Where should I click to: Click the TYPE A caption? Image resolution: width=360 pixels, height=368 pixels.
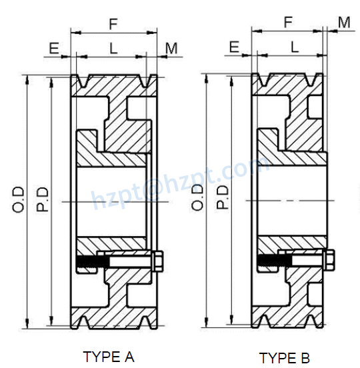click(109, 356)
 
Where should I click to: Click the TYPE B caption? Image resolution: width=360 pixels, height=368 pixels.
click(285, 357)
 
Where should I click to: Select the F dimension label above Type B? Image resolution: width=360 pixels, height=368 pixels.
click(288, 22)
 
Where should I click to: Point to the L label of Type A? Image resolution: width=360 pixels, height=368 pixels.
click(113, 47)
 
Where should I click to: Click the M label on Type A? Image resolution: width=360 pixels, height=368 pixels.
click(171, 47)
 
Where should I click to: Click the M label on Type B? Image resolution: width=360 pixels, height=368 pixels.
click(344, 23)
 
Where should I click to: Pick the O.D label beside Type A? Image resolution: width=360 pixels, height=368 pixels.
click(18, 199)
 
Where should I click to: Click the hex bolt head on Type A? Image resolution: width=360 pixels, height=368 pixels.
click(159, 261)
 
